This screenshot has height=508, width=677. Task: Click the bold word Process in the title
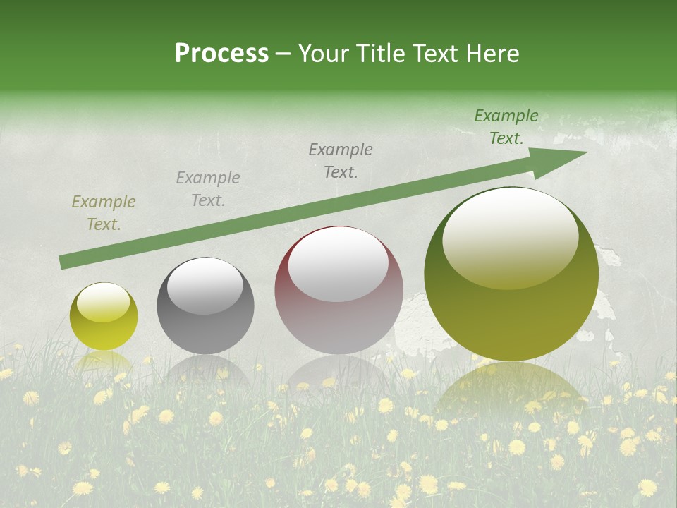[x=221, y=54]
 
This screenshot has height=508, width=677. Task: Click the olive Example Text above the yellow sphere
[x=104, y=213]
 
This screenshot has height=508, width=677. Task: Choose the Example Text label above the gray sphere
[x=208, y=189]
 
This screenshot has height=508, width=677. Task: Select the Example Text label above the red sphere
[x=341, y=160]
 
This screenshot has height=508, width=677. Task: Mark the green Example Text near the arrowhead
[x=506, y=127]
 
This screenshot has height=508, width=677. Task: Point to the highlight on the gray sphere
[x=205, y=285]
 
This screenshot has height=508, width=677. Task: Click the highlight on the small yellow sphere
[x=104, y=301]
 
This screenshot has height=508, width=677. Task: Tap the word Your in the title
[x=323, y=54]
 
